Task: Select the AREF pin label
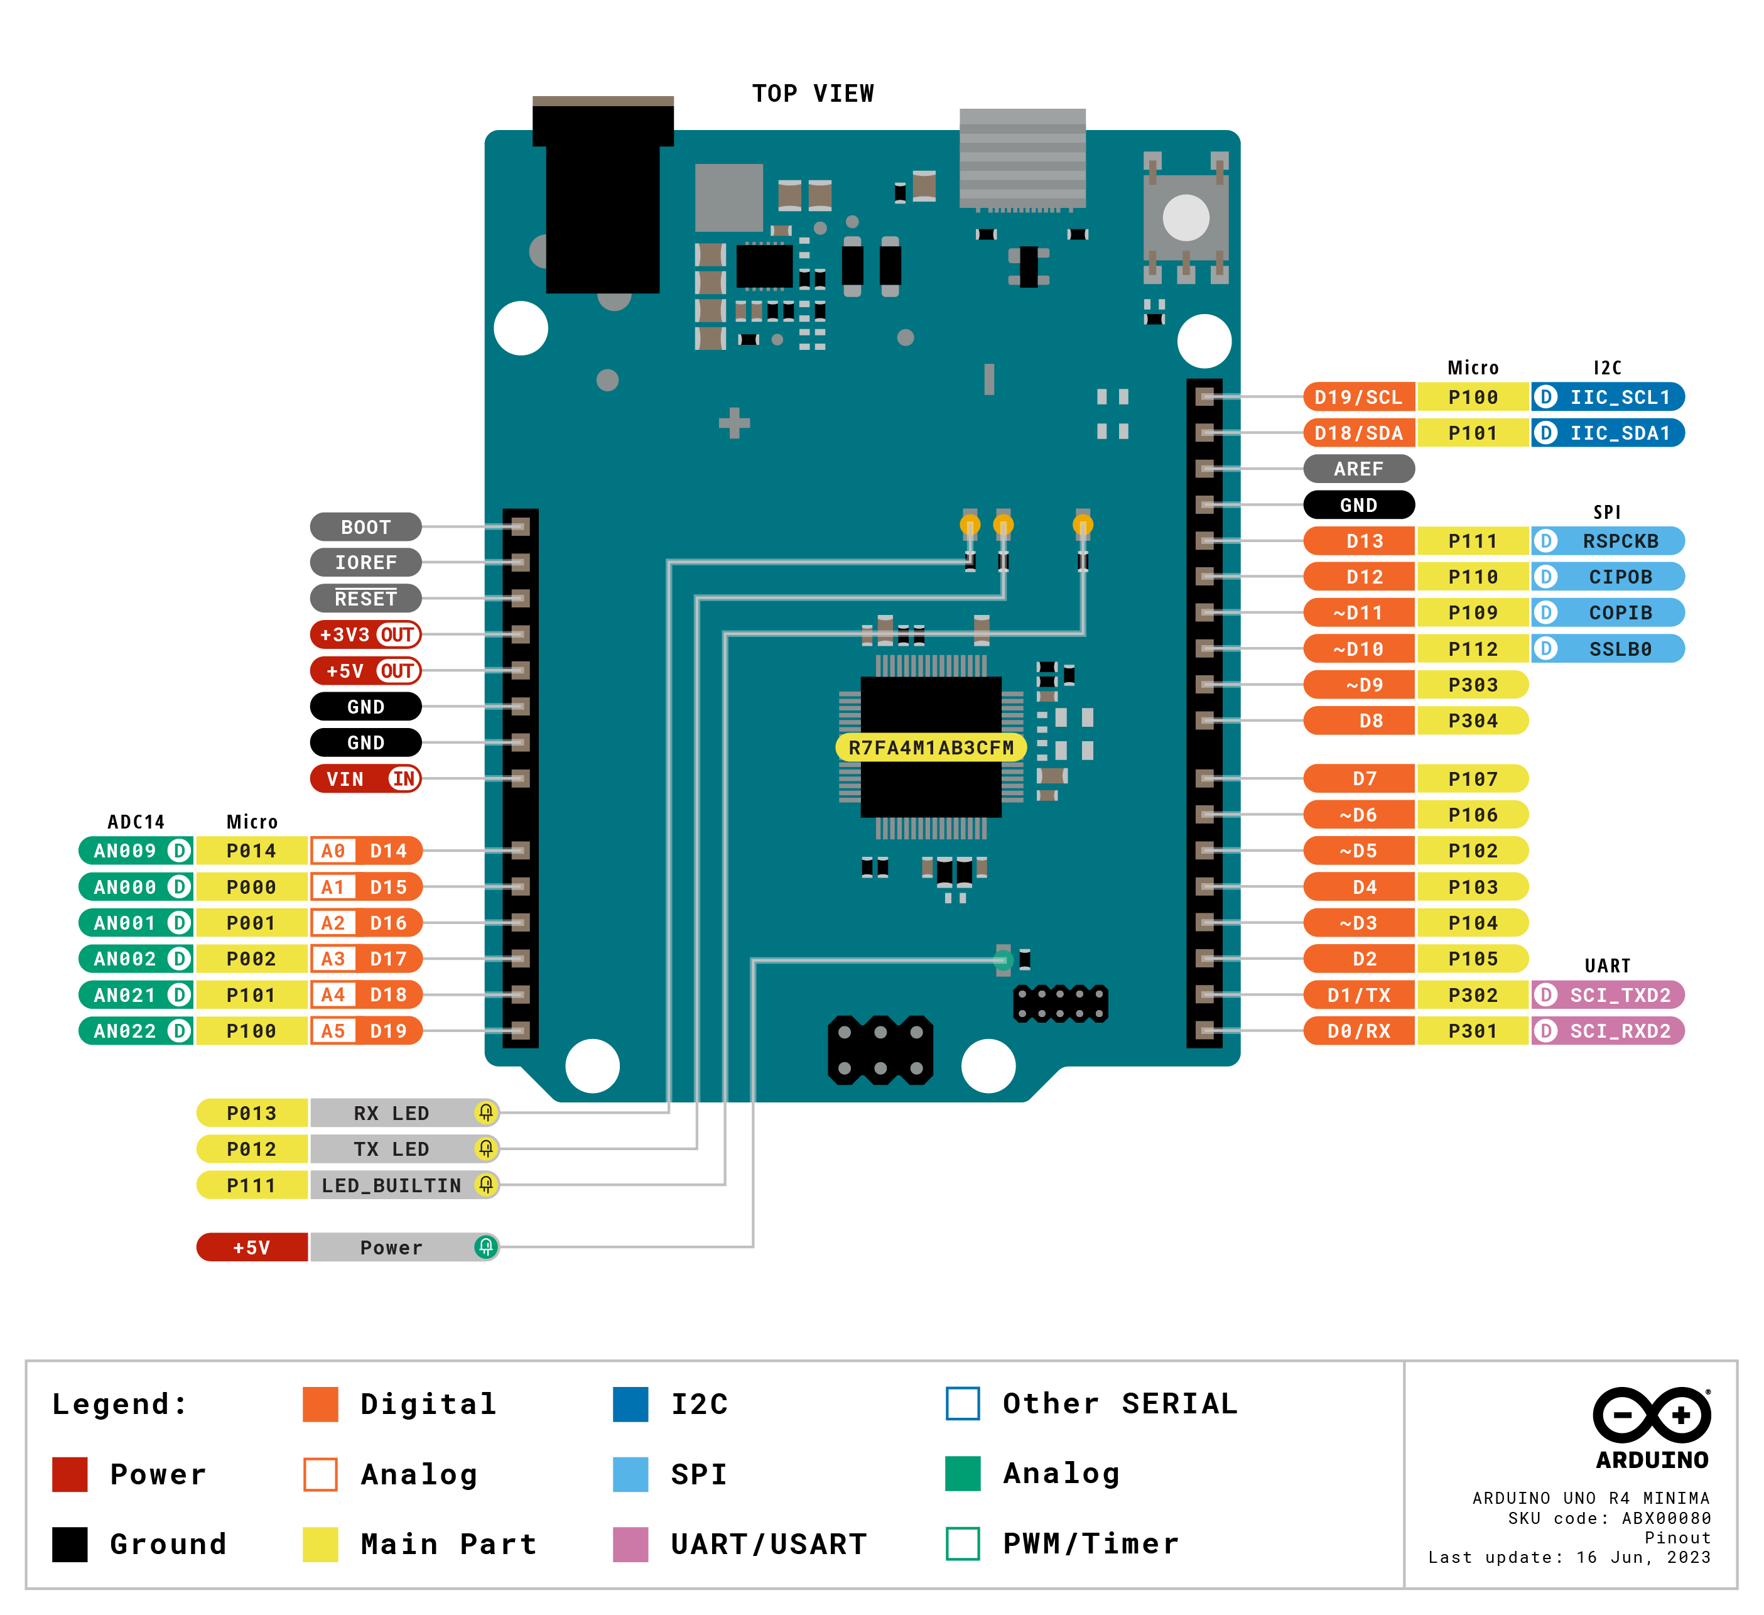[x=1358, y=469]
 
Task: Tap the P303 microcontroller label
[x=1472, y=685]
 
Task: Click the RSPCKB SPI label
[x=1619, y=541]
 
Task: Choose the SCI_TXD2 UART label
[x=1619, y=994]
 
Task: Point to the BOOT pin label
[x=365, y=527]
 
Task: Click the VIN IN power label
[x=365, y=778]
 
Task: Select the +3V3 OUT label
[x=365, y=634]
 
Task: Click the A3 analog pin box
[x=332, y=959]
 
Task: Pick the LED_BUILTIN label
[x=391, y=1185]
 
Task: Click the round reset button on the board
[x=1186, y=217]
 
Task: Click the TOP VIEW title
[x=813, y=94]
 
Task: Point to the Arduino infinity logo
[x=1651, y=1415]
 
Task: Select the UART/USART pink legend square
[x=631, y=1544]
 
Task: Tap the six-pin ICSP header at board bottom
[x=880, y=1050]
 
